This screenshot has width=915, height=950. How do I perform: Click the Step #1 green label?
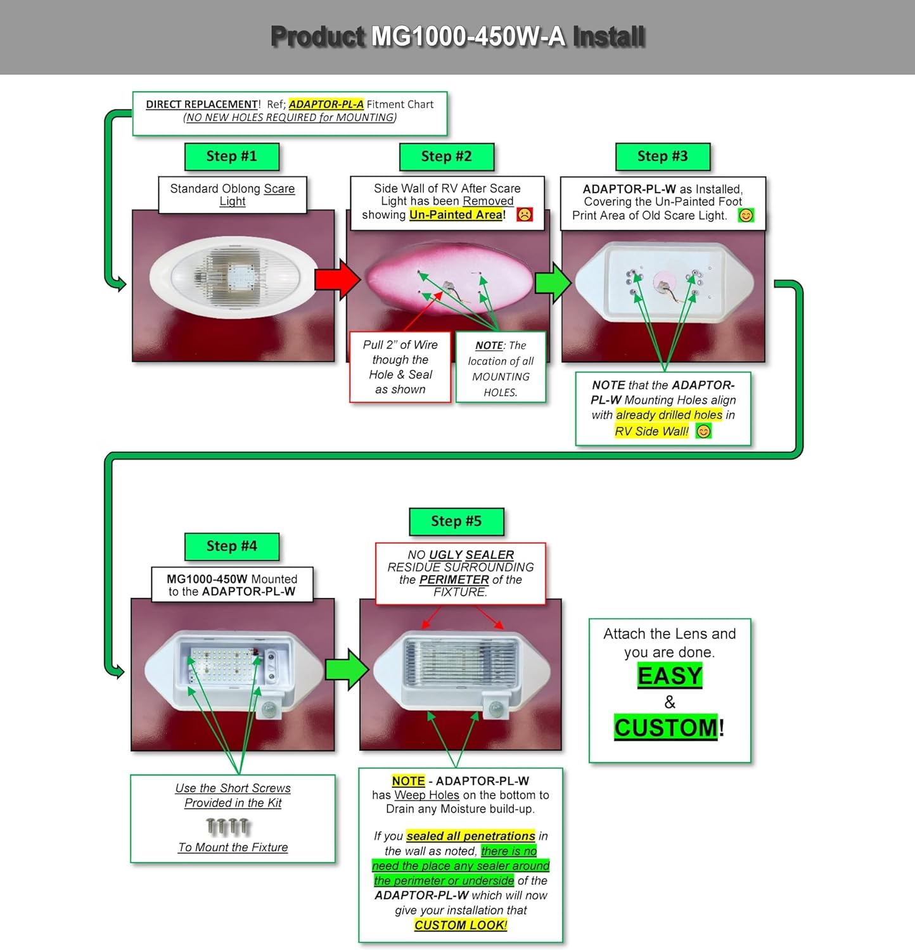coord(232,156)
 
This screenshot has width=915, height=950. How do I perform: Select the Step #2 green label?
coord(447,156)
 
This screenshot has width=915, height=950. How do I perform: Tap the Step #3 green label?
coord(662,156)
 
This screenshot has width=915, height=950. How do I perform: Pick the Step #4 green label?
coord(232,546)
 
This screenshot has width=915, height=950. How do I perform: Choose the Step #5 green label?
coord(456,521)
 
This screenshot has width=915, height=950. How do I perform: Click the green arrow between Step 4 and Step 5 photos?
coord(346,669)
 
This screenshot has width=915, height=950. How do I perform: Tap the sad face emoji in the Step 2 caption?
coord(525,215)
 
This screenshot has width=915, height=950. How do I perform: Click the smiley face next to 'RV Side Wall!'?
coord(703,431)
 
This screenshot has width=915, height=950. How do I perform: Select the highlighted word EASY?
coord(670,676)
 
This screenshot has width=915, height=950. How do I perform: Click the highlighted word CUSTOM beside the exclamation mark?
coord(666,728)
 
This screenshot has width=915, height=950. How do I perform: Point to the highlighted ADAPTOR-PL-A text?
coord(326,104)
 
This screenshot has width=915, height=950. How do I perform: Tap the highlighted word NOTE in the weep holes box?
coord(408,781)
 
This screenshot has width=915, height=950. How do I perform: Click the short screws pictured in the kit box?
coord(229,826)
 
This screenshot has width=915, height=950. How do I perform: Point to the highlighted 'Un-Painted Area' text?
coord(456,215)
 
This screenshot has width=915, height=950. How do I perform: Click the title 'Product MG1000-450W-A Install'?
coord(457,37)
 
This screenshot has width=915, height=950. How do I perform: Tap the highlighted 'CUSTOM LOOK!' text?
coord(461,925)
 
